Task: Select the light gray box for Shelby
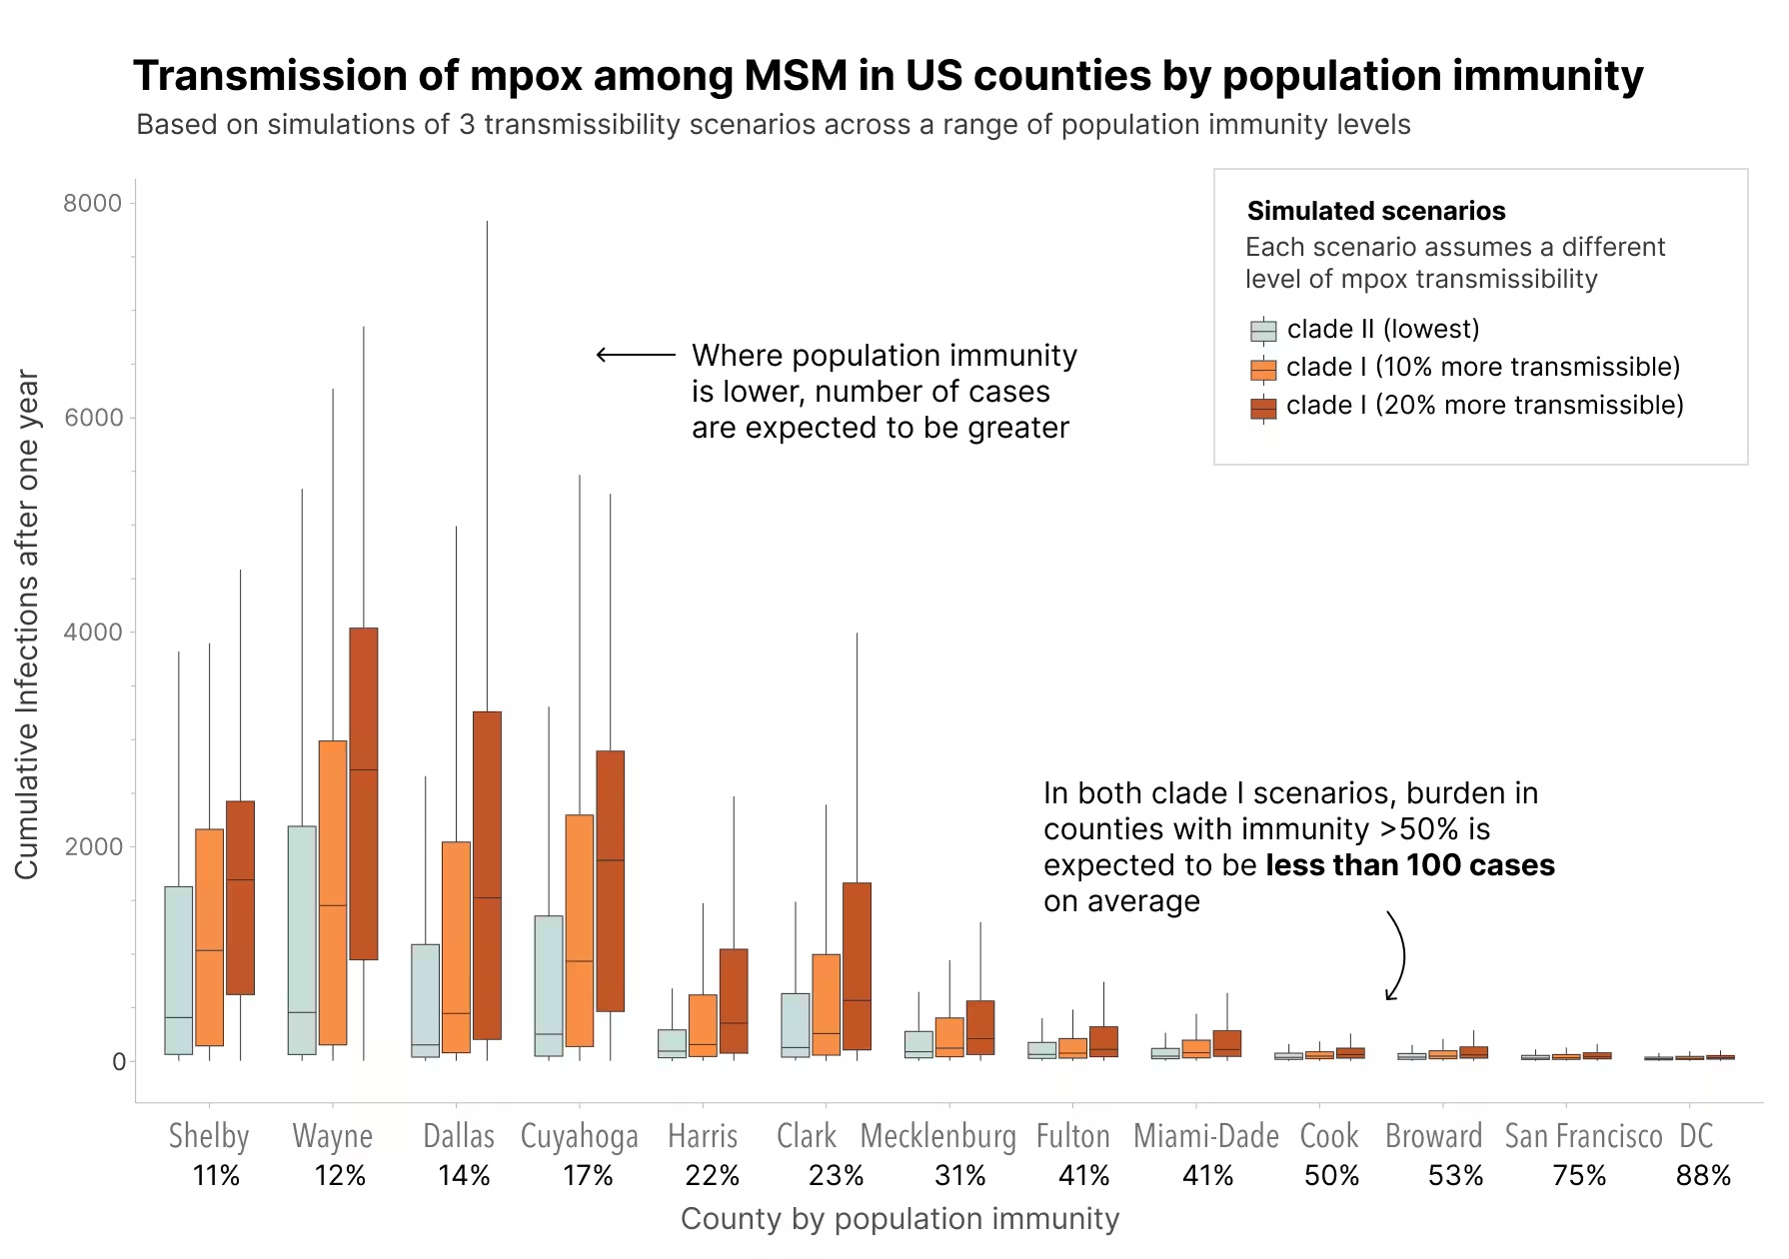[x=179, y=969]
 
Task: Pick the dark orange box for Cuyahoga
[x=610, y=880]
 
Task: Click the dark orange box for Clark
[x=857, y=965]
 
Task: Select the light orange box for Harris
[x=703, y=1025]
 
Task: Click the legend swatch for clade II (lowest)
[x=1263, y=331]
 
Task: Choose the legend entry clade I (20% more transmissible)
[x=1484, y=405]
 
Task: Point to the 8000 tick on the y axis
[x=92, y=203]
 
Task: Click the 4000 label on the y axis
[x=92, y=631]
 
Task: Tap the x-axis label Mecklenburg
[x=937, y=1136]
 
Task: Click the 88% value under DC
[x=1703, y=1175]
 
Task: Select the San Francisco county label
[x=1583, y=1136]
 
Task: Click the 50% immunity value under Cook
[x=1331, y=1175]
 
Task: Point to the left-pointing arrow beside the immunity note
[x=635, y=355]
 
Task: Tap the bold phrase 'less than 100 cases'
[x=1409, y=865]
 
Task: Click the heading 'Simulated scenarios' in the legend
[x=1375, y=211]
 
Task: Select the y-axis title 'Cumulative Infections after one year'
[x=27, y=625]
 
